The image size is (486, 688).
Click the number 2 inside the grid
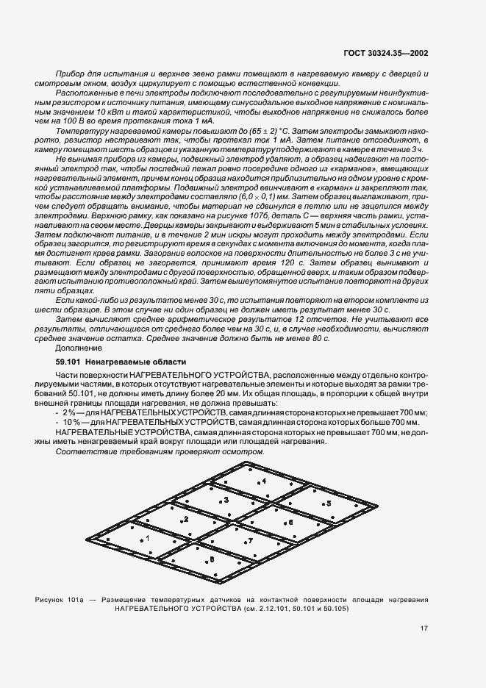tap(187, 519)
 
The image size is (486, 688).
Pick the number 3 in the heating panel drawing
tap(226, 500)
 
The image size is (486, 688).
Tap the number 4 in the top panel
tap(264, 480)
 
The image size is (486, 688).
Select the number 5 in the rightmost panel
tap(329, 503)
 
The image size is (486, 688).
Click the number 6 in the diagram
tap(290, 522)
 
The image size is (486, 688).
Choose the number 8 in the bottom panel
tap(212, 559)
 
